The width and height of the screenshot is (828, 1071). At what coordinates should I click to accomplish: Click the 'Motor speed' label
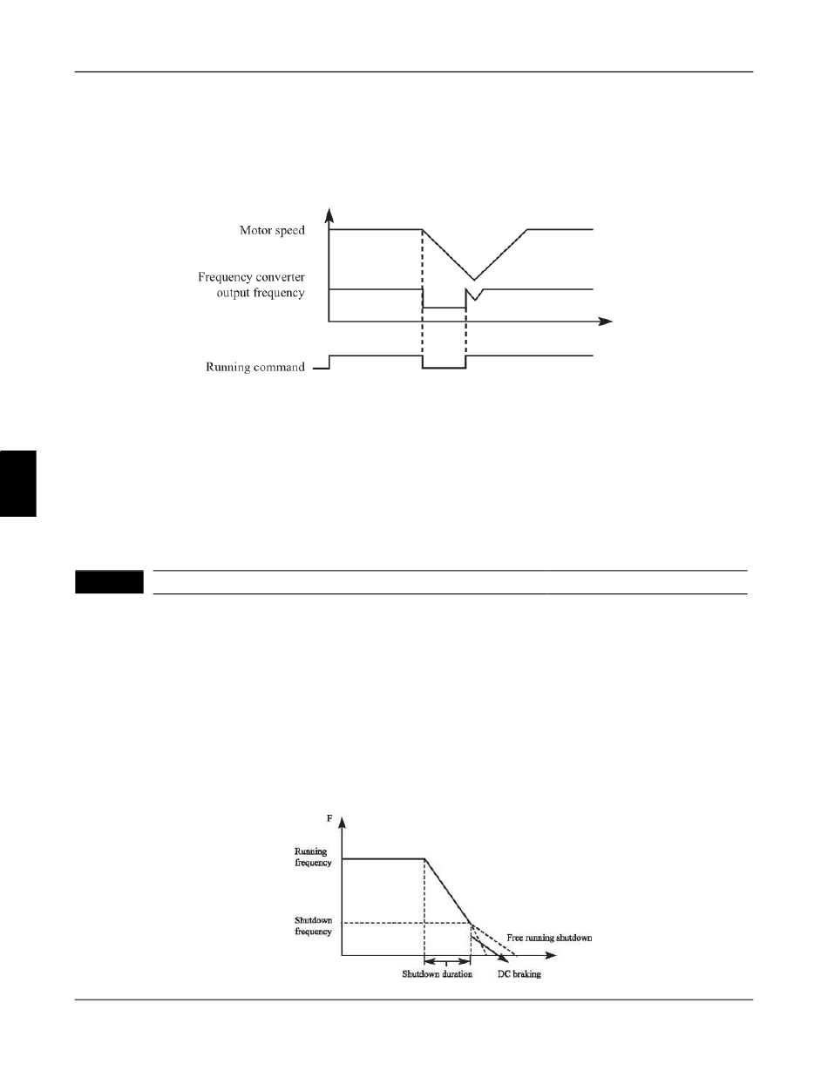(272, 231)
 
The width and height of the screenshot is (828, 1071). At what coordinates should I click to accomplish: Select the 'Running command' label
(255, 367)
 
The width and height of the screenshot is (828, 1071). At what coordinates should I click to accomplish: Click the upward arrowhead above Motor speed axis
(329, 214)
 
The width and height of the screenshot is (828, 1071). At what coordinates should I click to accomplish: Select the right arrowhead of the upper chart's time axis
(607, 322)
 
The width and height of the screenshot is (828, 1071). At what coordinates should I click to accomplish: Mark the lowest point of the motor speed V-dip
(473, 280)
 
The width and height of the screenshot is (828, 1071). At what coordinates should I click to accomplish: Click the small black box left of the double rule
(108, 582)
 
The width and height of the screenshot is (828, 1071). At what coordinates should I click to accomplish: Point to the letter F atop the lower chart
(329, 819)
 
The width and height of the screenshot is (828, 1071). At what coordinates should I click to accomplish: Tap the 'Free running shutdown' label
(549, 938)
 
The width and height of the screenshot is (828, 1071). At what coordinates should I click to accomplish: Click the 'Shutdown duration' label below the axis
(437, 973)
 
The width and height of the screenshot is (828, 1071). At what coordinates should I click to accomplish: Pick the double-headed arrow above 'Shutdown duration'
(446, 962)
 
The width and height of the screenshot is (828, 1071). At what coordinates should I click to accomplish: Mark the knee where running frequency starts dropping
(424, 858)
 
